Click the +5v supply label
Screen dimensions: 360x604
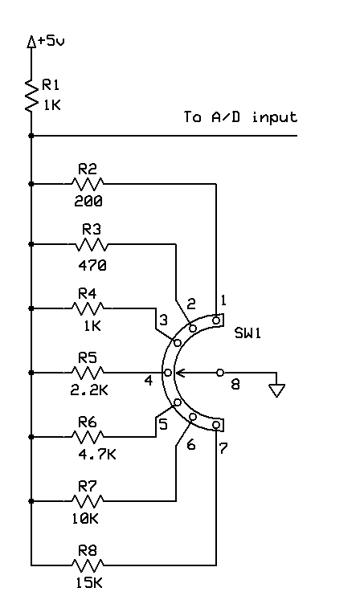point(51,41)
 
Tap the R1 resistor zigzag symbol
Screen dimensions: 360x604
point(31,95)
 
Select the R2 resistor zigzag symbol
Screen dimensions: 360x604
point(88,184)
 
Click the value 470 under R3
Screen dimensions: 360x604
point(92,265)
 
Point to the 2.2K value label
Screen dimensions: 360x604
point(89,390)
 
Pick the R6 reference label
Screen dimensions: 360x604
point(88,422)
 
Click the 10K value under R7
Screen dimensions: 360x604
point(85,519)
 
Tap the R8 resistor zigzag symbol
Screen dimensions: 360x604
point(88,565)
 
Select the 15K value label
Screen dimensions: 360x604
point(89,583)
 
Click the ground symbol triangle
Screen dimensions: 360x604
point(276,390)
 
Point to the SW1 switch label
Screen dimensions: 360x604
point(247,333)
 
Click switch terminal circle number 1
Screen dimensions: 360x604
point(216,320)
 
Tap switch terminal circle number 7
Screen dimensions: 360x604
point(216,425)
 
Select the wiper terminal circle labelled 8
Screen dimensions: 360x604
point(220,373)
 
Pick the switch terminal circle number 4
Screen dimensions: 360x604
point(168,373)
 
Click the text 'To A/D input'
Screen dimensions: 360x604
point(240,116)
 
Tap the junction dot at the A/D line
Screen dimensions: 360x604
point(31,136)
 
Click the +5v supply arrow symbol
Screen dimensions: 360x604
point(31,42)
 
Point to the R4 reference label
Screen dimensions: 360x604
point(87,294)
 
